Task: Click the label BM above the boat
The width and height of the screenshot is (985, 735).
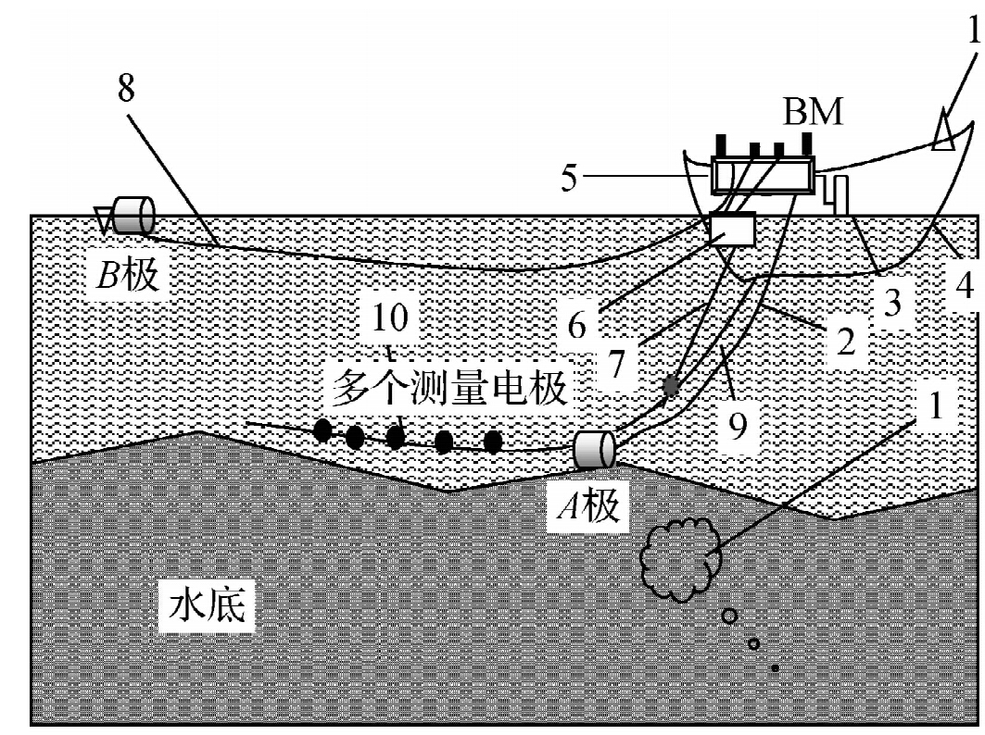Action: (814, 113)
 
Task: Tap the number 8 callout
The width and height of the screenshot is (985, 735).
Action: (126, 89)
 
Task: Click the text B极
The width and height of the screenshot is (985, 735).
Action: (127, 276)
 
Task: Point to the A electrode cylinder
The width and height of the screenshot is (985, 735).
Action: (594, 450)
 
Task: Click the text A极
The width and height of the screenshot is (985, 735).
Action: (589, 505)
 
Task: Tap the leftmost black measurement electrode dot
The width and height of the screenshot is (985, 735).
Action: (322, 430)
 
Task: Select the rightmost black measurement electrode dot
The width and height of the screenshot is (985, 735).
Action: (493, 442)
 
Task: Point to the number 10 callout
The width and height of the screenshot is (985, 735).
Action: (389, 318)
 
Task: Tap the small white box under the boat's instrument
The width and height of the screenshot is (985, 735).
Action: (731, 229)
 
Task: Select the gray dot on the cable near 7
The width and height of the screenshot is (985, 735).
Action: (672, 385)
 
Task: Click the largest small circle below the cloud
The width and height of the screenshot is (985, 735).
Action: (730, 616)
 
